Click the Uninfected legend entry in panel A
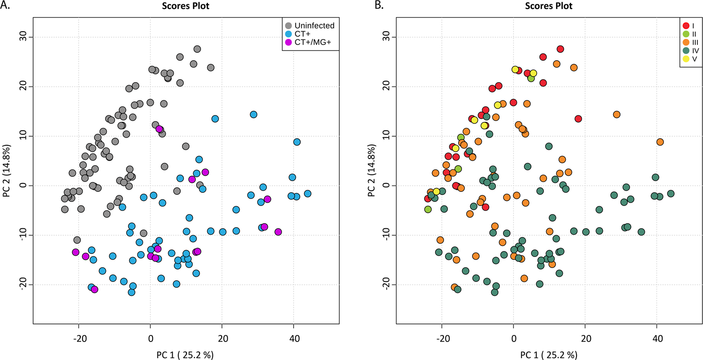tap(310, 26)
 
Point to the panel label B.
tap(379, 6)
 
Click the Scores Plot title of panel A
tap(185, 6)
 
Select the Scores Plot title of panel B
tap(549, 6)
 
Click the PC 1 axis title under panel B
tap(549, 355)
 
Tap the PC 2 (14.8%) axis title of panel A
tap(6, 171)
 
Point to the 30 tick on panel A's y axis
tap(23, 37)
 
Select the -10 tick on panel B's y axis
tap(386, 235)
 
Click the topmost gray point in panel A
tap(197, 49)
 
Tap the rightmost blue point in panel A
tap(307, 194)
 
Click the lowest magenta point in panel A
tap(94, 289)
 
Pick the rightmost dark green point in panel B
tap(671, 194)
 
